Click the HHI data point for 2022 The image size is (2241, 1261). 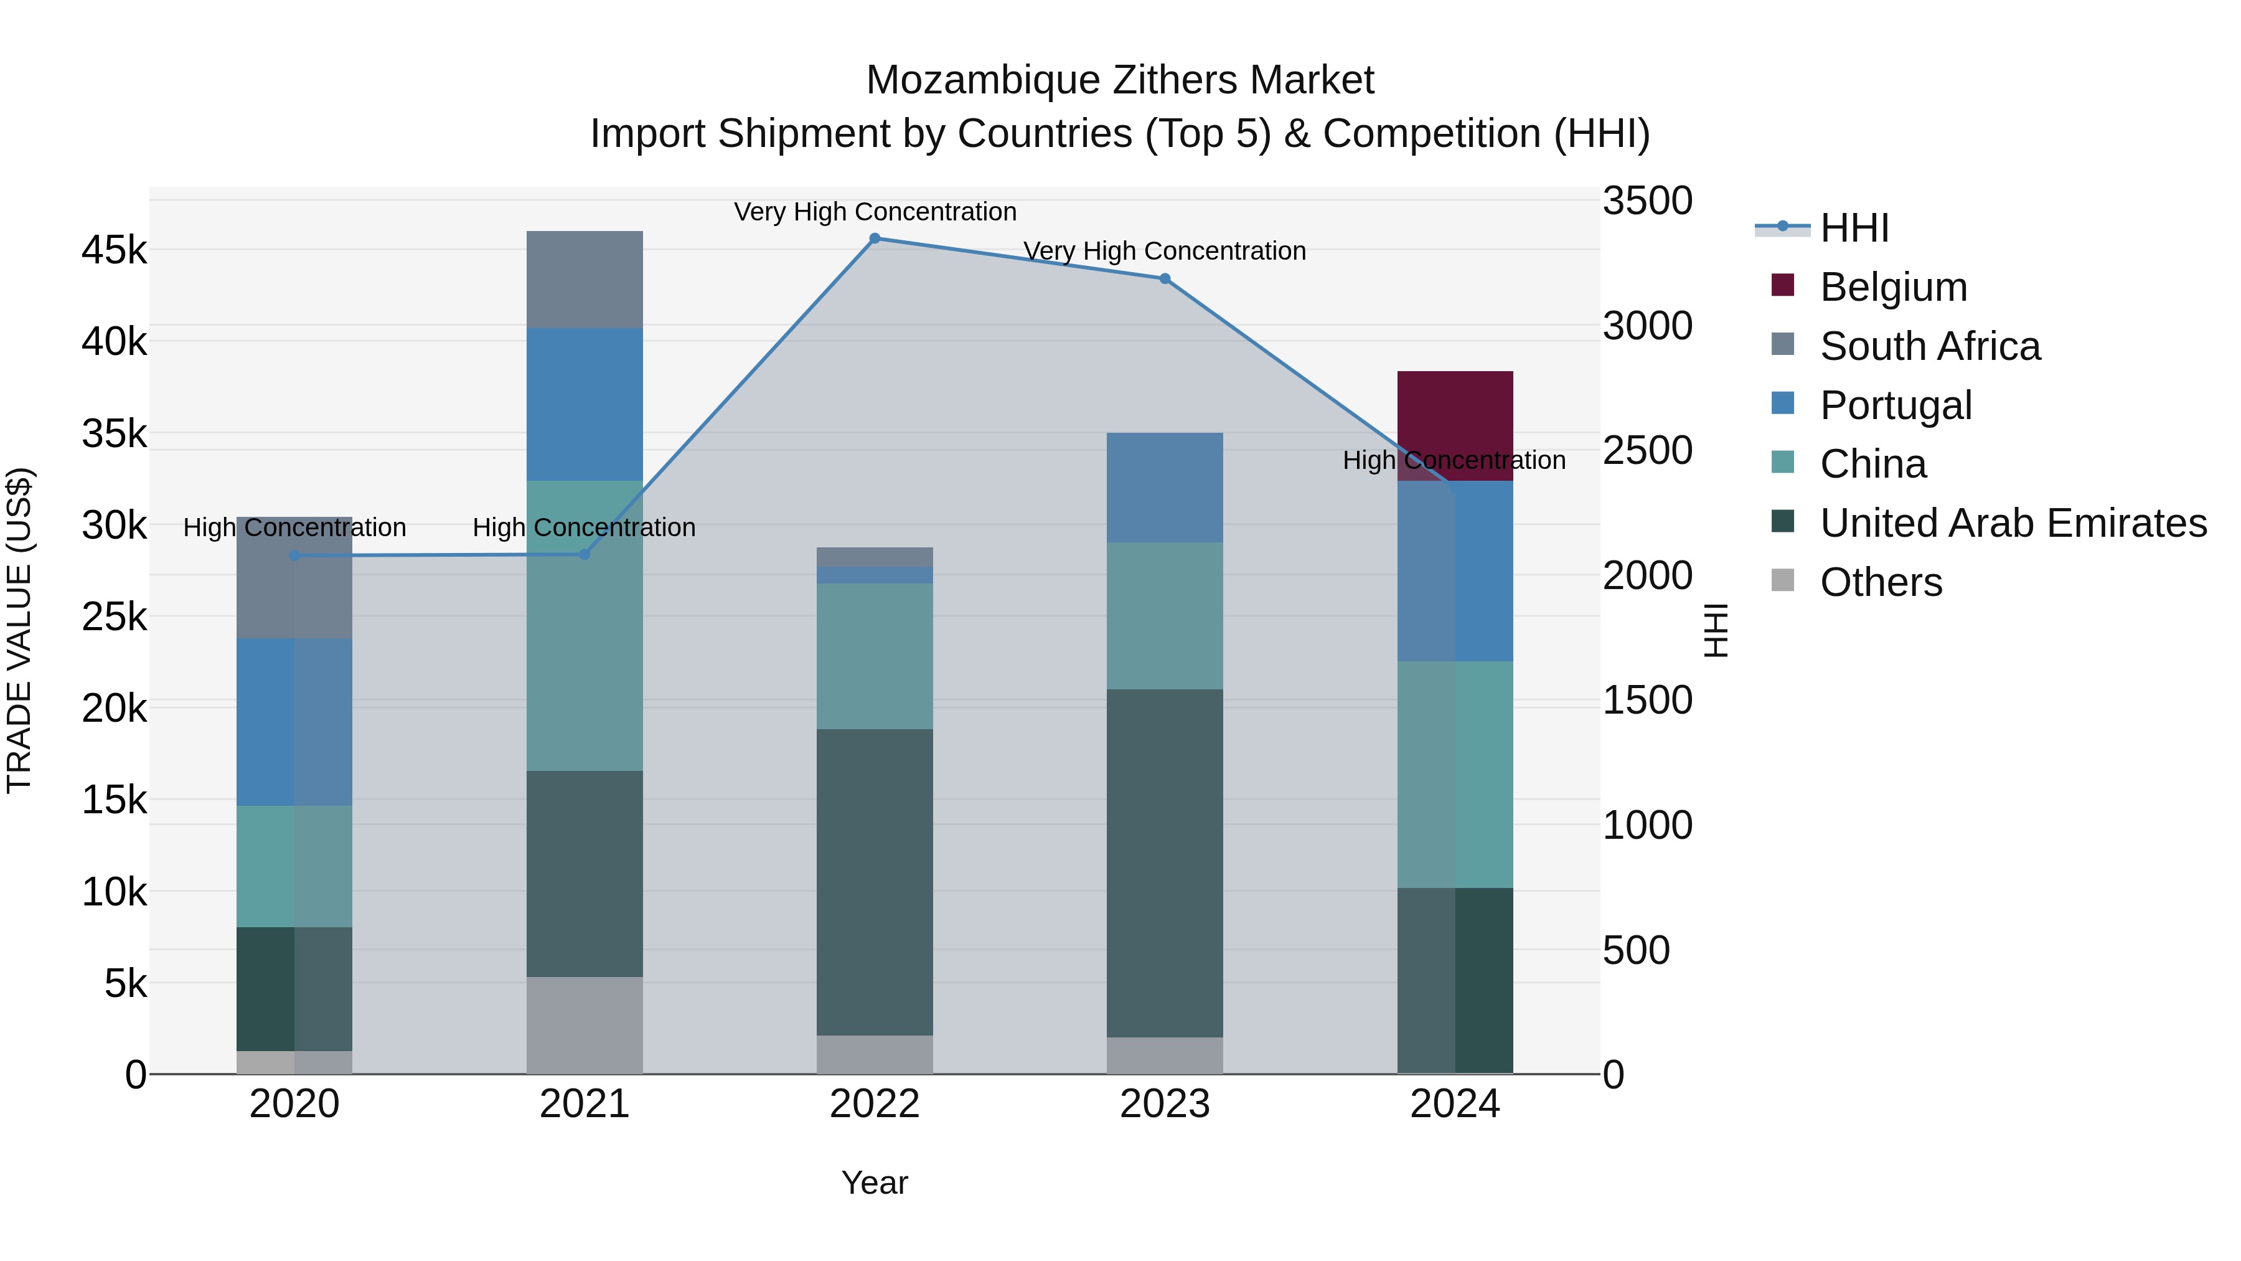[x=875, y=239]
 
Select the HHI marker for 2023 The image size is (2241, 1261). [x=1165, y=278]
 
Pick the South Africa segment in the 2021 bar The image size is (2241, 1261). [x=585, y=280]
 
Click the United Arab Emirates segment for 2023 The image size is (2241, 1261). [x=1165, y=862]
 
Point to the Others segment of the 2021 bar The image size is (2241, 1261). [x=585, y=1025]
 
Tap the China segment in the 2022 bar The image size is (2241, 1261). [x=875, y=656]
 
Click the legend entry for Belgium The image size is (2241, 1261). [x=1892, y=287]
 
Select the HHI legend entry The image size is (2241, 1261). [x=1853, y=228]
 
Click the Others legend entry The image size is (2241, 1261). [x=1880, y=582]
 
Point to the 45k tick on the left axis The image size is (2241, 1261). [x=114, y=250]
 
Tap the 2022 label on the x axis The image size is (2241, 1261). [x=875, y=1104]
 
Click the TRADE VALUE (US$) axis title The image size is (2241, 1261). [x=19, y=630]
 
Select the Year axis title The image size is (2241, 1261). [x=875, y=1183]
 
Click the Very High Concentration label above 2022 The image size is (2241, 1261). [x=875, y=212]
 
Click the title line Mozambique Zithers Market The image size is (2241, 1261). [x=1120, y=80]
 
